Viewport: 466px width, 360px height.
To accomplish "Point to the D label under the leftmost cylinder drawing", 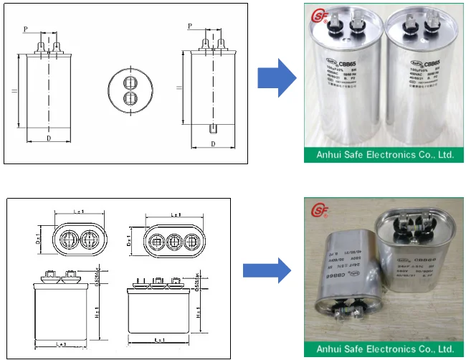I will [x=49, y=136].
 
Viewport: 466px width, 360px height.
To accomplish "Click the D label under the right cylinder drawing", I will [x=213, y=143].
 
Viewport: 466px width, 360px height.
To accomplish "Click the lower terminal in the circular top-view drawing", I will [x=130, y=97].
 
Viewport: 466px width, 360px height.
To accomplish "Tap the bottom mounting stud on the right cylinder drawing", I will [x=213, y=129].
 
